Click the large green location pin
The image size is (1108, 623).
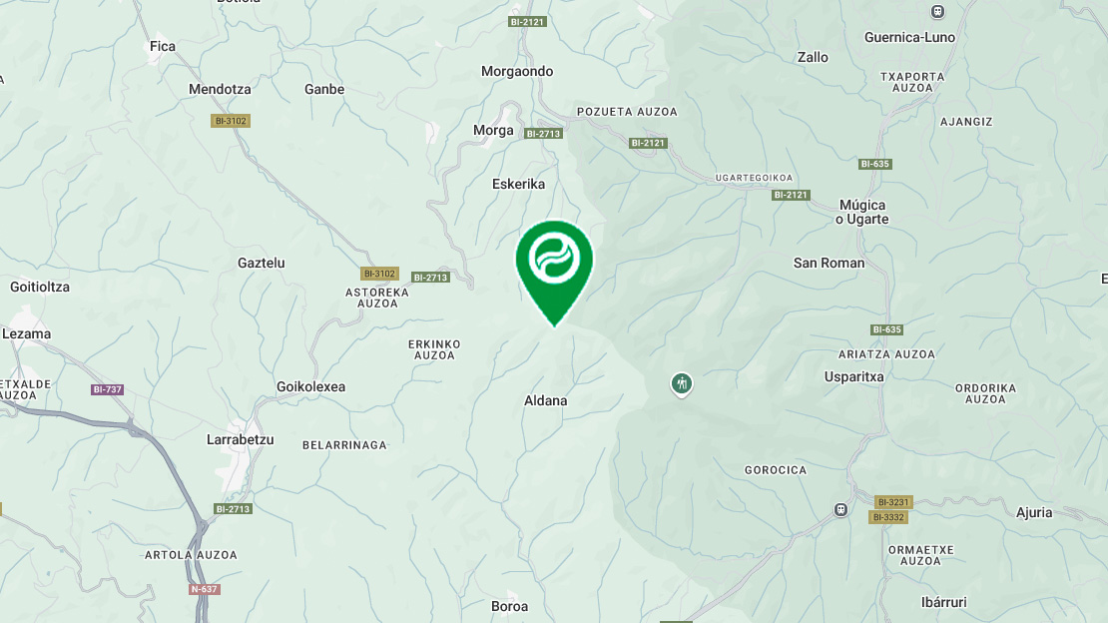click(x=554, y=262)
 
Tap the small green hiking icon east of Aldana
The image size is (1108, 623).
click(x=682, y=383)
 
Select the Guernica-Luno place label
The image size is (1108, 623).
click(x=909, y=38)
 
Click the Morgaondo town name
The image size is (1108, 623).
click(x=517, y=72)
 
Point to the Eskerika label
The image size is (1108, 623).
click(x=518, y=185)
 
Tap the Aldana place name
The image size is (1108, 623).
click(x=545, y=401)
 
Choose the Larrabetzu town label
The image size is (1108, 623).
click(x=240, y=440)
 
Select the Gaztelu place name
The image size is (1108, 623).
click(x=262, y=264)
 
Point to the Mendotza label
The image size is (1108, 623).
click(x=220, y=90)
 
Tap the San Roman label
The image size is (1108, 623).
click(x=829, y=264)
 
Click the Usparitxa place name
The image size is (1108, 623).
click(x=853, y=377)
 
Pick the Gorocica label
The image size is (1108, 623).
click(x=776, y=470)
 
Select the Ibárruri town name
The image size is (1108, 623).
click(x=943, y=603)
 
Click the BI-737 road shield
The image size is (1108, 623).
click(x=108, y=389)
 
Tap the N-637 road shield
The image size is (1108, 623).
click(x=205, y=589)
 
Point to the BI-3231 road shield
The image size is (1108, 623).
click(x=892, y=502)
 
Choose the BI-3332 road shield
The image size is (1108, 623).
click(x=887, y=517)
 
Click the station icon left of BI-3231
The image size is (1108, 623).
click(x=840, y=510)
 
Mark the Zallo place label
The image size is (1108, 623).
click(x=813, y=58)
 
